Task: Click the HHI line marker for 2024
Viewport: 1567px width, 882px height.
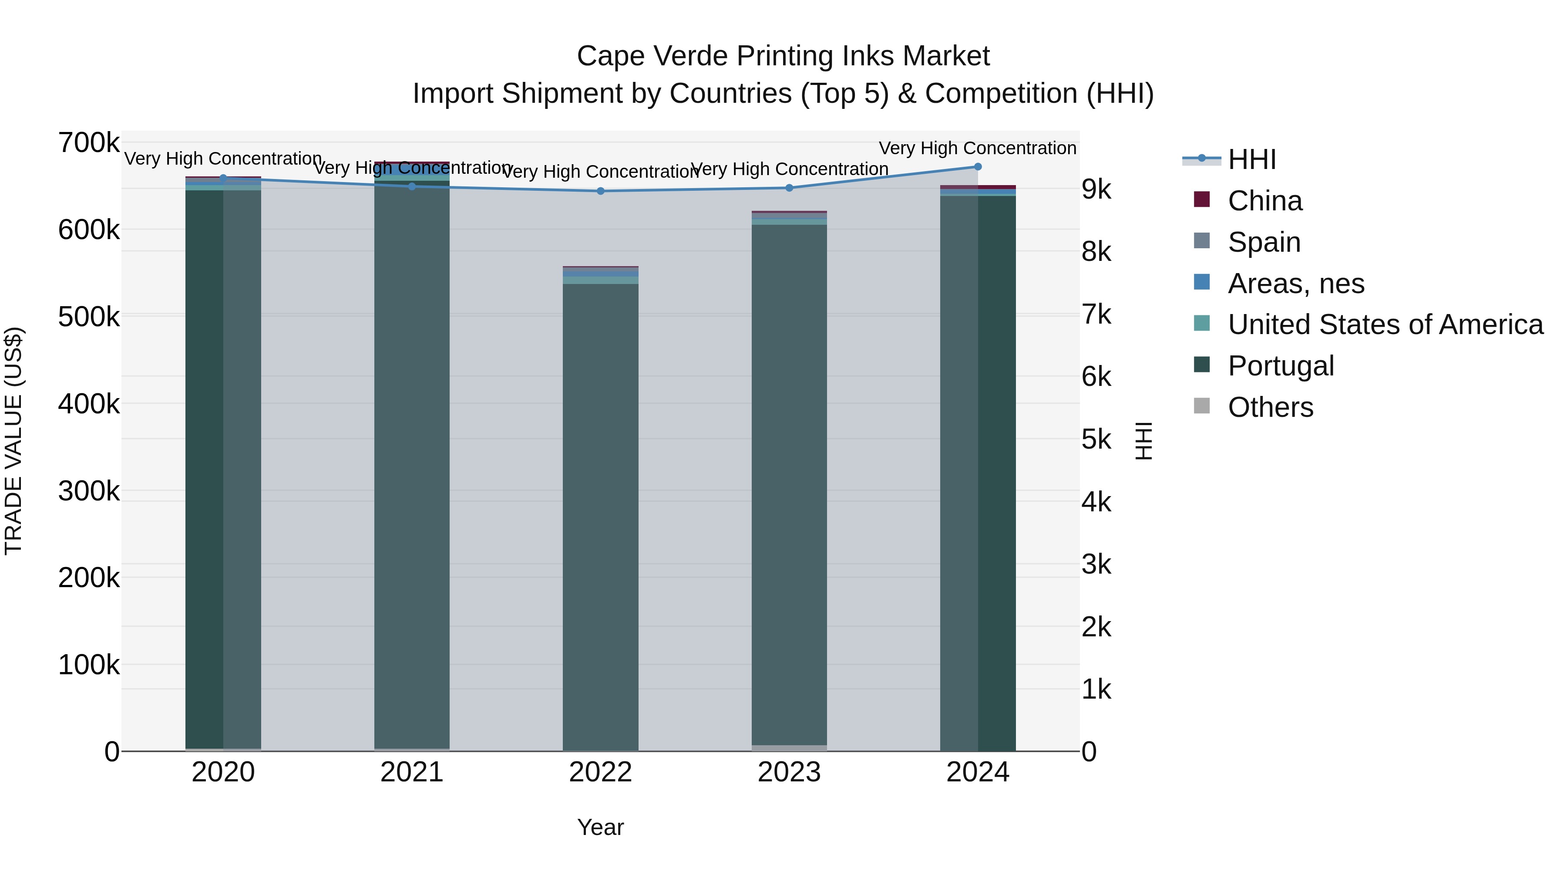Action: point(978,167)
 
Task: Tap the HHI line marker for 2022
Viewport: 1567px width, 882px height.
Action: point(600,191)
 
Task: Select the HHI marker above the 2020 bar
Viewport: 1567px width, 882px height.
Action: point(223,178)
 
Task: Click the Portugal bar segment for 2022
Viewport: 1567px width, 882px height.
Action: point(600,517)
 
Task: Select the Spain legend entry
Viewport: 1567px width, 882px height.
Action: point(1264,242)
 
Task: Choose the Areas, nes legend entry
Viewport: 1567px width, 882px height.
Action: point(1296,284)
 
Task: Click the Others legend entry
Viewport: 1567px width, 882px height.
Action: point(1270,407)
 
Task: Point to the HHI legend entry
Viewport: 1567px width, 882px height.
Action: point(1251,159)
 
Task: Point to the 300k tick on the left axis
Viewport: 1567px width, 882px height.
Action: point(89,490)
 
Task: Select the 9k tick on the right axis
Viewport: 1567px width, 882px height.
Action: point(1096,189)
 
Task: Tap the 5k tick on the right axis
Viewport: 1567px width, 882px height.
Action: point(1096,439)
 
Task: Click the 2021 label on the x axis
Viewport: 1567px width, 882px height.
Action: point(412,772)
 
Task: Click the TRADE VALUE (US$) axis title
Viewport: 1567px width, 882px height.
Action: point(13,441)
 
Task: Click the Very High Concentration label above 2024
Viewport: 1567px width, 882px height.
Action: point(978,148)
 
